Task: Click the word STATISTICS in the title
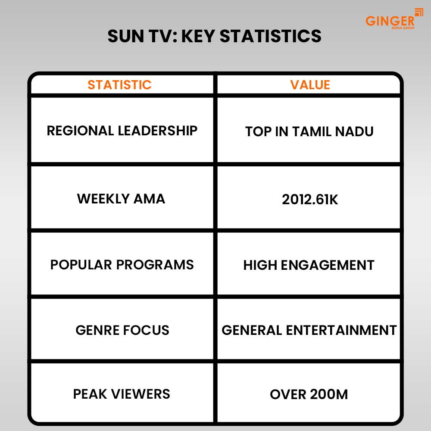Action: tap(271, 36)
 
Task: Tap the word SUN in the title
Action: tap(125, 36)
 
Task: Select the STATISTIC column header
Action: tap(119, 84)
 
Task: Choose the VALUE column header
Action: tap(310, 84)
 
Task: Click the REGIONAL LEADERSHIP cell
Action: tap(122, 131)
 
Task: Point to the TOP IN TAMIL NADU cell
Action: tap(309, 131)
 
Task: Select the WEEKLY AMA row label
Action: tap(121, 199)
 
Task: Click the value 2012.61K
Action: tap(310, 199)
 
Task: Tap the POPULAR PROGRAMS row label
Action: tap(122, 265)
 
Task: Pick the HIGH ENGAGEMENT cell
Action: tap(309, 265)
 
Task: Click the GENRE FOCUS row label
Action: tap(122, 330)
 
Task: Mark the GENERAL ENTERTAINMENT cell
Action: tap(309, 330)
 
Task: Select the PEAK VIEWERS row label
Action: tap(122, 394)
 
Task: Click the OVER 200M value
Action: tap(309, 394)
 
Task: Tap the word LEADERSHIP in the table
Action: tap(158, 131)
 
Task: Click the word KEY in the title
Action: tap(198, 36)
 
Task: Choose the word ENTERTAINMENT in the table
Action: tap(341, 330)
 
